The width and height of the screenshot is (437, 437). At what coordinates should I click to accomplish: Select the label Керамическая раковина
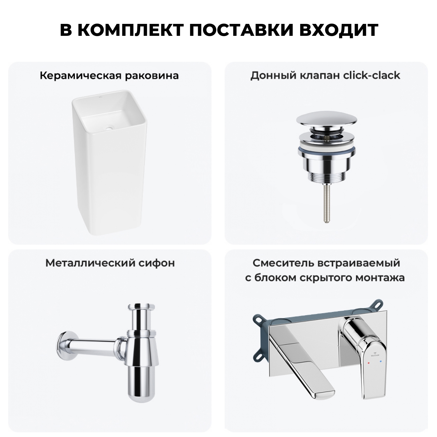(x=109, y=76)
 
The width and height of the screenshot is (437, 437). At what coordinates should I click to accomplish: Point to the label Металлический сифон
(x=110, y=263)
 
